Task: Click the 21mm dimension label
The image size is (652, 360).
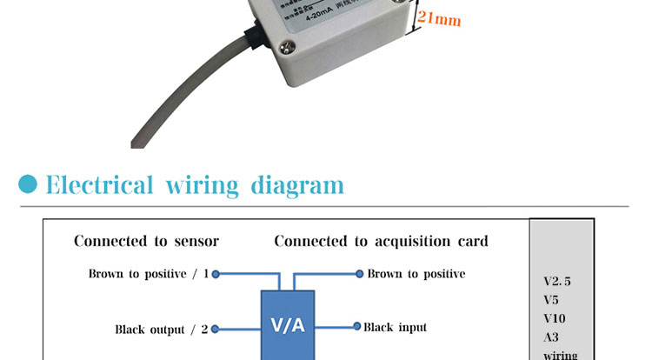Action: point(439,19)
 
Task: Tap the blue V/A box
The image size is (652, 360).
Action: point(288,325)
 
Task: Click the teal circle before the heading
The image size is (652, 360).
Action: point(29,184)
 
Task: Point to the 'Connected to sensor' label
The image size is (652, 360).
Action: point(146,241)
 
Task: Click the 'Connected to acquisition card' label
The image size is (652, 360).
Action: point(381,241)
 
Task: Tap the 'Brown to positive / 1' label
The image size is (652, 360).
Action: point(149,274)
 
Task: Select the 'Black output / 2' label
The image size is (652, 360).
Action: point(162,330)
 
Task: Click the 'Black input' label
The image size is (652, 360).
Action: point(395,327)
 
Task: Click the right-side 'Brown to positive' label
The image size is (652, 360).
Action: point(416,274)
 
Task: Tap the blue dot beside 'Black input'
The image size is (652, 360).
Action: point(356,327)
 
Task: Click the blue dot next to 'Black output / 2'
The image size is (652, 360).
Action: point(216,329)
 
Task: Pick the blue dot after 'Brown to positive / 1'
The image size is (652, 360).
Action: point(216,274)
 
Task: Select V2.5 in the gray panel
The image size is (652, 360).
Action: point(557,281)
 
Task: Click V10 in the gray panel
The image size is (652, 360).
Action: point(553,318)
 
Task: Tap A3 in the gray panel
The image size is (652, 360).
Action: point(550,337)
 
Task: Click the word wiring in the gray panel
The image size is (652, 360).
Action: point(559,355)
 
